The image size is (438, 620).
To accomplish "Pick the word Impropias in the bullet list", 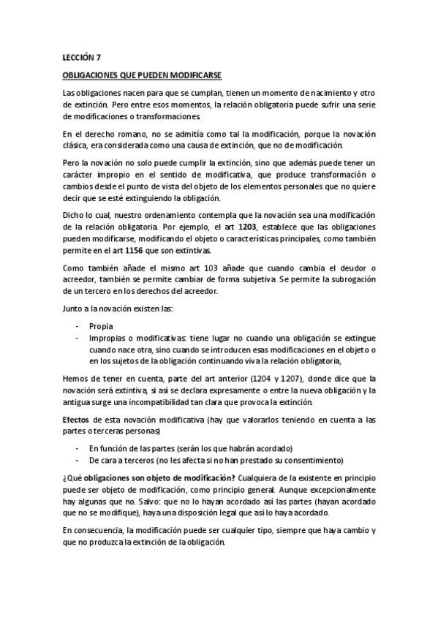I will pos(107,339).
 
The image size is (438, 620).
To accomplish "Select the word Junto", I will pos(73,309).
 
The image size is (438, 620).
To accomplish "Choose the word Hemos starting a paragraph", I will pos(76,379).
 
